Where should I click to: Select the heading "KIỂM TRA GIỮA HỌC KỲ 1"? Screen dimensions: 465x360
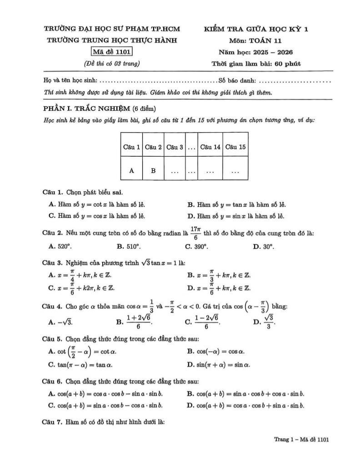(x=256, y=30)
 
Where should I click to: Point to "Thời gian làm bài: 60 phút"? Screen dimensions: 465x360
(x=256, y=64)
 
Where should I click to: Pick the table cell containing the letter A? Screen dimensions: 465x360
(x=131, y=171)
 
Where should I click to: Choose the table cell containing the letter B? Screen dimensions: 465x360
(x=153, y=171)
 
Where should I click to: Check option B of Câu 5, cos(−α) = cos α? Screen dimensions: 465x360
(x=216, y=351)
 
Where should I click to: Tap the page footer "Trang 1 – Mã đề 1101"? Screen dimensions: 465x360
(x=301, y=439)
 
